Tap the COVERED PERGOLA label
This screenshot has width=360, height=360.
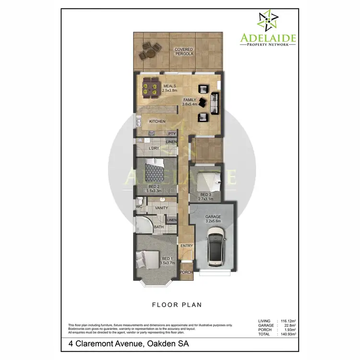[x=184, y=52]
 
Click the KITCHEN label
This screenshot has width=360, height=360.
[x=157, y=121]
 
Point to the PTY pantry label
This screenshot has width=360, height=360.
[x=171, y=133]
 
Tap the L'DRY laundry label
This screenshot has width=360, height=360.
[x=154, y=148]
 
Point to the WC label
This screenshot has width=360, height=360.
[x=139, y=207]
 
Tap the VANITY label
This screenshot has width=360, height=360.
[x=161, y=208]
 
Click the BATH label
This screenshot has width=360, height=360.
[x=159, y=227]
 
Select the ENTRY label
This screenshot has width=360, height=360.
[x=186, y=246]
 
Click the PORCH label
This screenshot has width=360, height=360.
[x=186, y=272]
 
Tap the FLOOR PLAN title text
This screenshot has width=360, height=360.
[x=177, y=304]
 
